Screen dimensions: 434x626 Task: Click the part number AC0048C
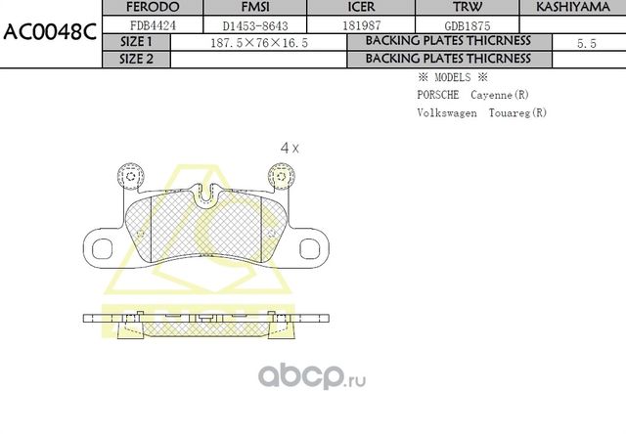click(x=49, y=29)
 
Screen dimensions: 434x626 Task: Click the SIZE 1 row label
click(x=136, y=43)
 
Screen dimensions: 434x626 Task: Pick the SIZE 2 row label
click(x=136, y=59)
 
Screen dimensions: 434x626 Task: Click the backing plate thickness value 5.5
click(x=587, y=44)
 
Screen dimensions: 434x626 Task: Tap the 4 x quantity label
click(x=290, y=148)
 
